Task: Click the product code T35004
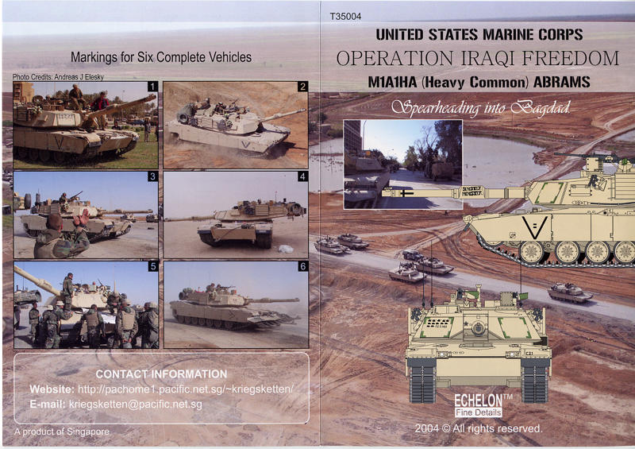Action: tap(345, 16)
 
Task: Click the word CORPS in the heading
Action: tap(560, 34)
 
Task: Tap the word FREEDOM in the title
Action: tap(570, 58)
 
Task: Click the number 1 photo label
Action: tap(152, 87)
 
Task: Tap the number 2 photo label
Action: tap(302, 87)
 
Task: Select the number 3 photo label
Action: tap(152, 176)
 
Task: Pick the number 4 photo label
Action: tap(302, 176)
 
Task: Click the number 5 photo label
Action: tap(152, 266)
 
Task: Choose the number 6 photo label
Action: tap(302, 266)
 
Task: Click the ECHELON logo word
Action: tap(478, 401)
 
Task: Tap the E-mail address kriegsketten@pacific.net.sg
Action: tap(135, 404)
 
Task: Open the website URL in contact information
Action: tap(185, 389)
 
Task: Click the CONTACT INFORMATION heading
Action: tap(161, 374)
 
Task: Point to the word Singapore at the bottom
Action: tap(88, 432)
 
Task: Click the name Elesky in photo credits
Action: tap(94, 77)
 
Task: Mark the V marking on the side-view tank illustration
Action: tap(534, 227)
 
